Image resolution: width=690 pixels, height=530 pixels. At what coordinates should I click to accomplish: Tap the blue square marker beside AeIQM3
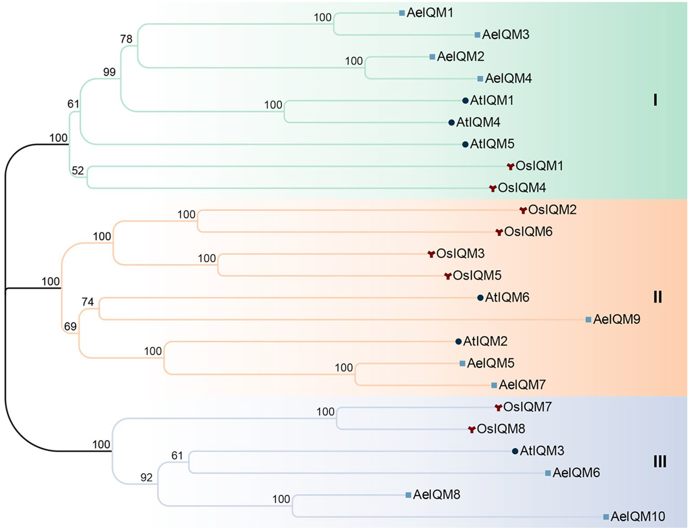click(477, 35)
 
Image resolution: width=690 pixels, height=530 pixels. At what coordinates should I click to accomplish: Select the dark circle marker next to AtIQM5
click(465, 144)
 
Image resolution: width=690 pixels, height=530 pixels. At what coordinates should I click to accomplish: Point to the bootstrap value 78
click(126, 39)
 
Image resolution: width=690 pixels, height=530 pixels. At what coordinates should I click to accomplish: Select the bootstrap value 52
click(78, 171)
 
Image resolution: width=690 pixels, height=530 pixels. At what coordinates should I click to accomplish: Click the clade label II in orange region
click(657, 297)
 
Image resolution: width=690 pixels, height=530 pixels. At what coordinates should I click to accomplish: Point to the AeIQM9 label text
click(616, 319)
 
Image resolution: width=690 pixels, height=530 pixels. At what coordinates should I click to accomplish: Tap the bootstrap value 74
click(88, 302)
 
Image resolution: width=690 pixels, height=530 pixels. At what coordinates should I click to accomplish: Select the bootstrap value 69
click(70, 326)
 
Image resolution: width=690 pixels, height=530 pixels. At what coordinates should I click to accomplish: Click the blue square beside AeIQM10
click(606, 517)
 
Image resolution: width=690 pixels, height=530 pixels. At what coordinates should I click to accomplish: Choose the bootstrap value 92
click(146, 478)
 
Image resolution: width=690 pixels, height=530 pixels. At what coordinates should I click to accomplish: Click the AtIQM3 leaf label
click(542, 451)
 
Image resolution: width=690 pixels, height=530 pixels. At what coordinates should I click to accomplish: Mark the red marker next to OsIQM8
click(472, 429)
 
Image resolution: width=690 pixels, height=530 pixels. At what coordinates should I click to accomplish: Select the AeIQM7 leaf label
click(522, 385)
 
